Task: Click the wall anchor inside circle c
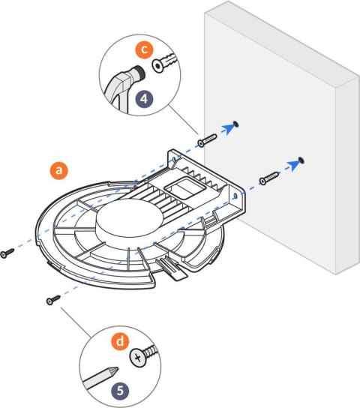pyautogui.click(x=169, y=64)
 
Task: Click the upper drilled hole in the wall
pyautogui.click(x=237, y=122)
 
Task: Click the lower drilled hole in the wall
pyautogui.click(x=301, y=159)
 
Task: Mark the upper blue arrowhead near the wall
pyautogui.click(x=226, y=128)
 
